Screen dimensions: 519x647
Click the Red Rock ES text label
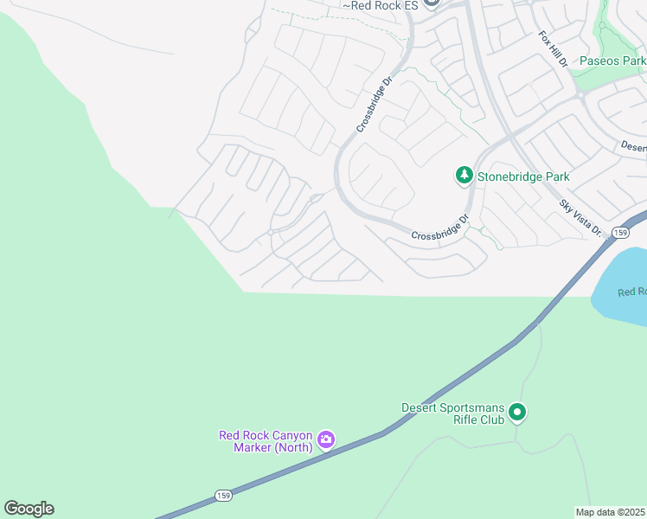(381, 6)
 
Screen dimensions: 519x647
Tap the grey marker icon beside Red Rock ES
(432, 3)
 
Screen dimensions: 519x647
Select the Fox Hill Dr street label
(552, 50)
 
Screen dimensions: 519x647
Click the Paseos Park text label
(612, 61)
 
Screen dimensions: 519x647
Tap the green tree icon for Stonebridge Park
(464, 176)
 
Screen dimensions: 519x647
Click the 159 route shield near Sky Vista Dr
(619, 233)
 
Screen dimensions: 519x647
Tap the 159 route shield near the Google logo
(222, 496)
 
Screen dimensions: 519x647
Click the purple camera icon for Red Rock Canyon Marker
(326, 440)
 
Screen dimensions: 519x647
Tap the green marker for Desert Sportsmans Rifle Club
(517, 413)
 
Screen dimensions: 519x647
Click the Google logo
(29, 509)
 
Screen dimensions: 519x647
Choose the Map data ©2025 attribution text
(611, 512)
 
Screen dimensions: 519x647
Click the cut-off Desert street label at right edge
(633, 147)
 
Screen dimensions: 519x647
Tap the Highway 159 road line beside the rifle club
(484, 362)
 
